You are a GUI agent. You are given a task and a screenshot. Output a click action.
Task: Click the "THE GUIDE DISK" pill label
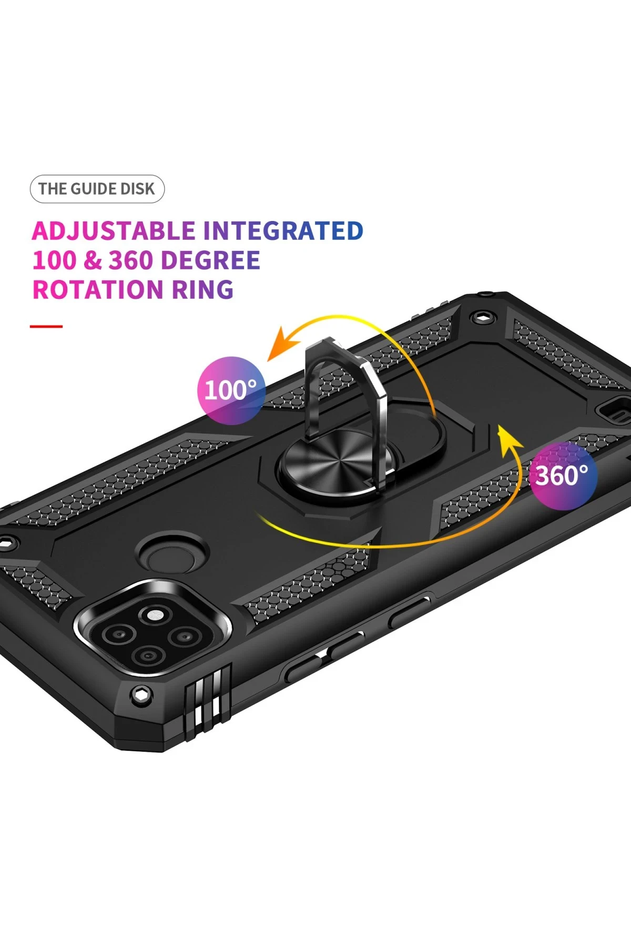click(x=97, y=189)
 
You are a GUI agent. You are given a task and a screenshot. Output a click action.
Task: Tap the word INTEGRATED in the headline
click(x=283, y=231)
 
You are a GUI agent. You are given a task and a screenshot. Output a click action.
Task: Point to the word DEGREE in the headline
click(x=210, y=260)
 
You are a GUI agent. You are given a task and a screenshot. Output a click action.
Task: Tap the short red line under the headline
click(x=46, y=326)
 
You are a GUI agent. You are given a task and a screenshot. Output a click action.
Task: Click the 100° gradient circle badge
click(x=231, y=390)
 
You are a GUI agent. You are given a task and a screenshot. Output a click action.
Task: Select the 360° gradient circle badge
click(x=563, y=476)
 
